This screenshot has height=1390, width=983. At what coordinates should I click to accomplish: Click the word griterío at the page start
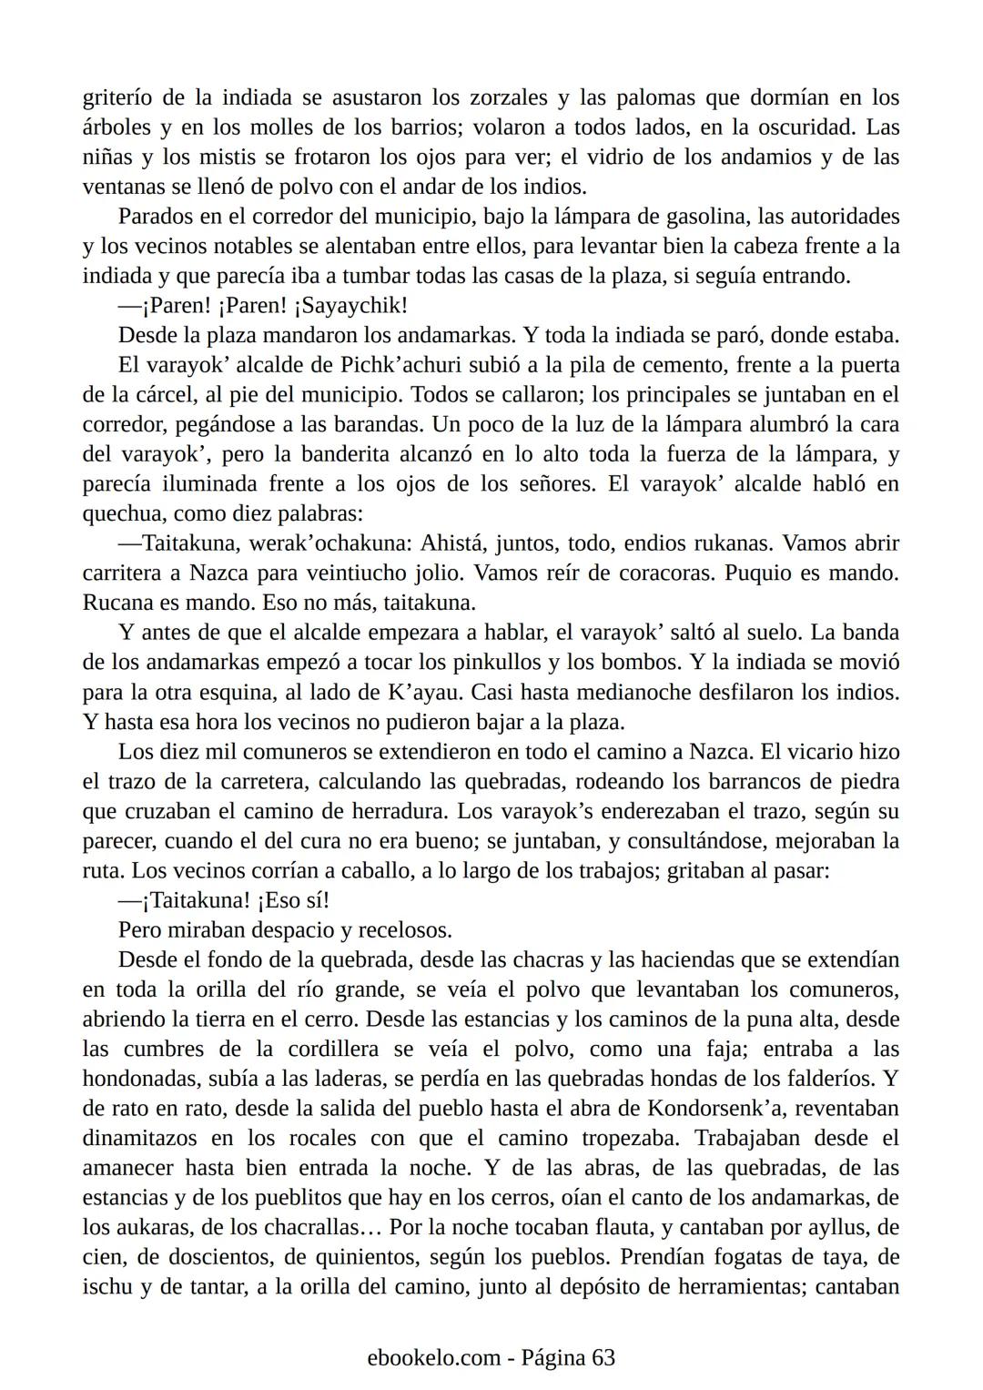point(116,98)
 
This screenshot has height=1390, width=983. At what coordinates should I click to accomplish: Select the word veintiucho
point(367,573)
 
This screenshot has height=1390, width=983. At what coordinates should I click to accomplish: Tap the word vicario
point(820,752)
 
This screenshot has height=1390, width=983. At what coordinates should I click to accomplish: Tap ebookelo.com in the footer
point(434,1358)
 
